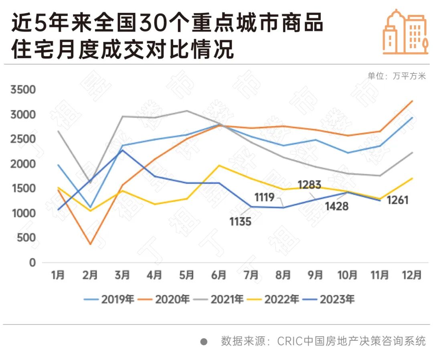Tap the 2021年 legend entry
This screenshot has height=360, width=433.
tap(218, 299)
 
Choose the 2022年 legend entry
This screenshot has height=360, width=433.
tap(273, 299)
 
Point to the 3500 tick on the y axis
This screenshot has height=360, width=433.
tap(23, 90)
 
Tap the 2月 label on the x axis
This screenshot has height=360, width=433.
tap(90, 275)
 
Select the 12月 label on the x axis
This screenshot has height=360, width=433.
tap(412, 275)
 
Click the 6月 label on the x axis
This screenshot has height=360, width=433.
tap(219, 275)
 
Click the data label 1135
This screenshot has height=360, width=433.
tap(241, 221)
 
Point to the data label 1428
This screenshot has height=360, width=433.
tap(337, 206)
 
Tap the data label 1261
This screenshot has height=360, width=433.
tap(397, 199)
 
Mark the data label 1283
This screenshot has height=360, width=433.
tap(310, 185)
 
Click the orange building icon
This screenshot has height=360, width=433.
tap(405, 32)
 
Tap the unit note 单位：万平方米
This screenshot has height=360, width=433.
tap(397, 76)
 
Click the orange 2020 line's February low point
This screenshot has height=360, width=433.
tap(90, 244)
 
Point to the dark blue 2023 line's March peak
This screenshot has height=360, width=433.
tap(122, 150)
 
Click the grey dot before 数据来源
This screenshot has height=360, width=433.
tap(204, 342)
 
